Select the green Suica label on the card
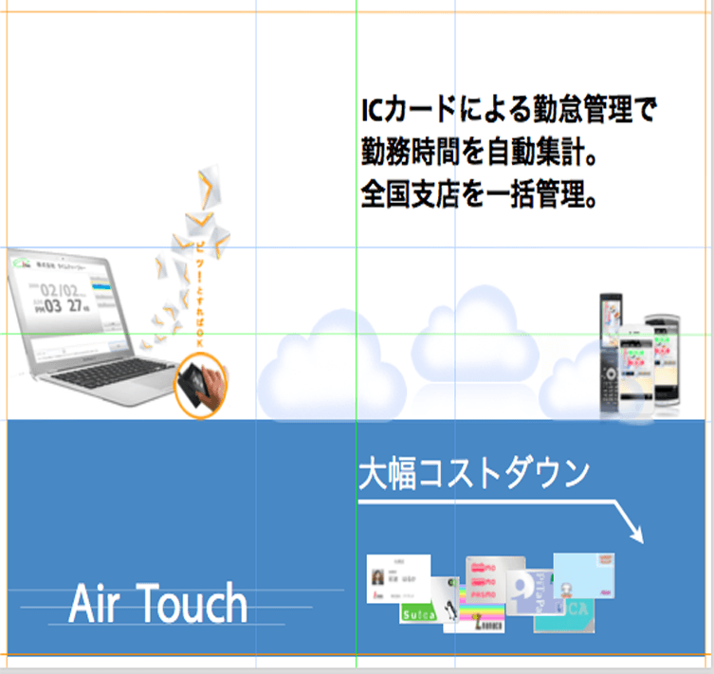417,614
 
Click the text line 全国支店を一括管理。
478,197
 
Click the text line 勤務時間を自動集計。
478,152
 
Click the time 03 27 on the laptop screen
59,306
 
